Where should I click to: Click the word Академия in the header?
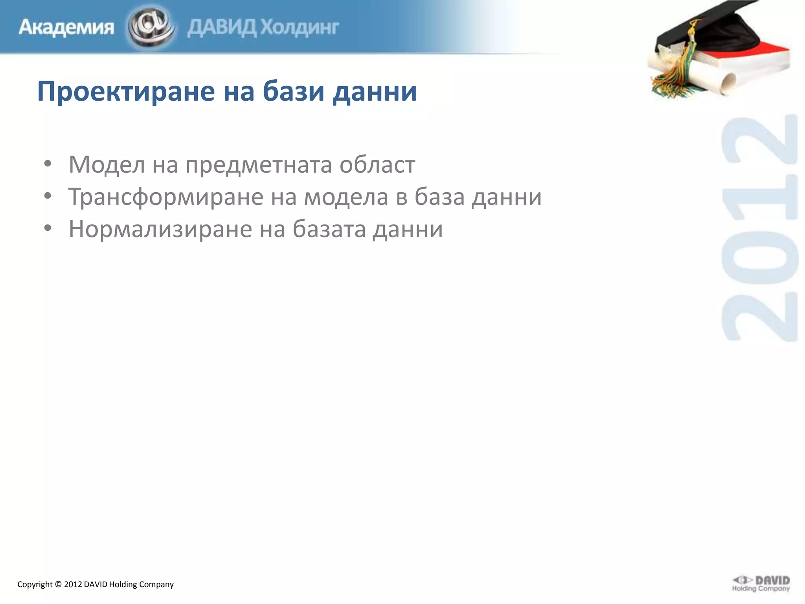pyautogui.click(x=66, y=28)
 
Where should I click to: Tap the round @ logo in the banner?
pyautogui.click(x=151, y=27)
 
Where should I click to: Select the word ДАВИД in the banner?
pyautogui.click(x=222, y=28)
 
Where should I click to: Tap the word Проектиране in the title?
pyautogui.click(x=126, y=91)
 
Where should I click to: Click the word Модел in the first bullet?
pyautogui.click(x=107, y=164)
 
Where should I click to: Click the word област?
pyautogui.click(x=377, y=164)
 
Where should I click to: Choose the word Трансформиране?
pyautogui.click(x=165, y=197)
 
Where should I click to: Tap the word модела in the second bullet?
pyautogui.click(x=346, y=197)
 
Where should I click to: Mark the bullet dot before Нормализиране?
pyautogui.click(x=48, y=228)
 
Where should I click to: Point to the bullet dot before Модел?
pyautogui.click(x=48, y=164)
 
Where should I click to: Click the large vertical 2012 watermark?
pyautogui.click(x=759, y=228)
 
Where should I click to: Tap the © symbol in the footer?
pyautogui.click(x=58, y=584)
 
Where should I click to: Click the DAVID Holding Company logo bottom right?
pyautogui.click(x=761, y=583)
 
